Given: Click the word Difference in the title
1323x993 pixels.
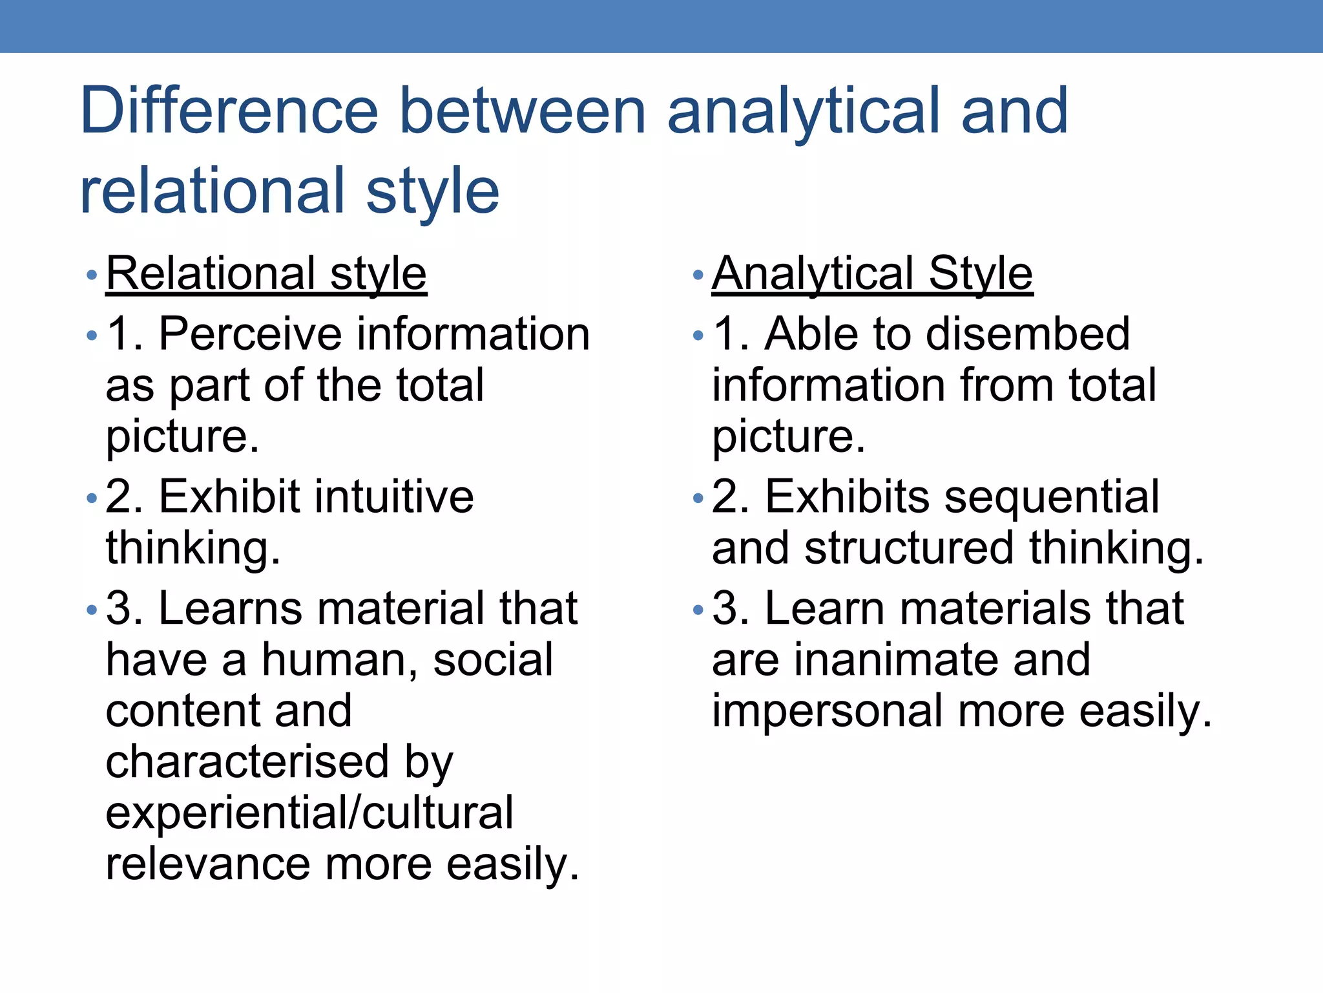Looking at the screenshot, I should [229, 111].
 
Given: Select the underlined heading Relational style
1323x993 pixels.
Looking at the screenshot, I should [266, 273].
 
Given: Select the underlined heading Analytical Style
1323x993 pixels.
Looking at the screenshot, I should [872, 273].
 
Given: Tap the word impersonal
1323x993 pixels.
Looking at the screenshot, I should [828, 711].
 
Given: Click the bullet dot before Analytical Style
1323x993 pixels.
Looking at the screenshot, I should [697, 276].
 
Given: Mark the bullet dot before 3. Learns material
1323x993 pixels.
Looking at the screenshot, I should [92, 610].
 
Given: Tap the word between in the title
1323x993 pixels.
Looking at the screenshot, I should [523, 111].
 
